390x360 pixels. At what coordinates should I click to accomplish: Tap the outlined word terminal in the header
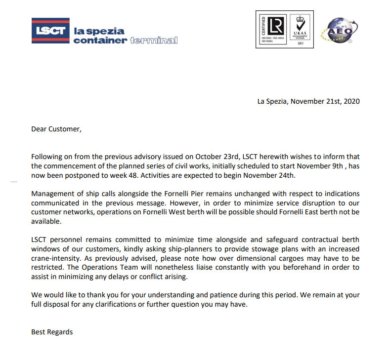pyautogui.click(x=154, y=40)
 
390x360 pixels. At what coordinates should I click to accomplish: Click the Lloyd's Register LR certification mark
pyautogui.click(x=277, y=26)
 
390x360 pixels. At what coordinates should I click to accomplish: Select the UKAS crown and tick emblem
pyautogui.click(x=300, y=23)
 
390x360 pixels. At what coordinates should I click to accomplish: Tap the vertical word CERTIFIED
pyautogui.click(x=262, y=27)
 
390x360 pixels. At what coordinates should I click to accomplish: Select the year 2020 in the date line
pyautogui.click(x=352, y=102)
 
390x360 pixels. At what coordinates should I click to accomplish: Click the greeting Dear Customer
pyautogui.click(x=55, y=129)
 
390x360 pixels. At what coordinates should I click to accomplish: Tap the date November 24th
pyautogui.click(x=274, y=175)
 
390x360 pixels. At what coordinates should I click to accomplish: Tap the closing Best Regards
pyautogui.click(x=52, y=332)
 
